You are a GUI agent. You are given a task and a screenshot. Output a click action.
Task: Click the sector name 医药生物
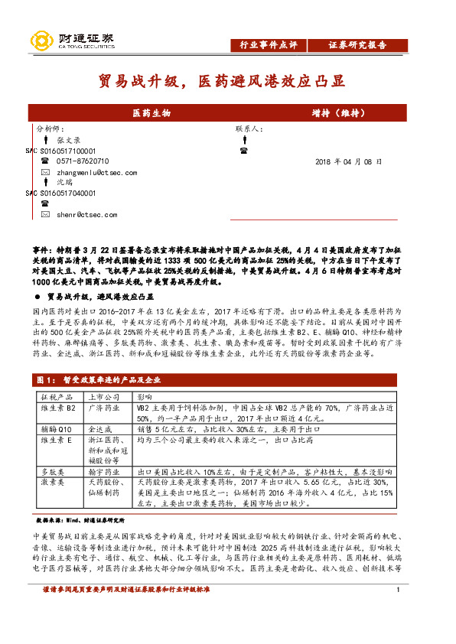151,112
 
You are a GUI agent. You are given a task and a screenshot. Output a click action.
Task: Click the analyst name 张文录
69,140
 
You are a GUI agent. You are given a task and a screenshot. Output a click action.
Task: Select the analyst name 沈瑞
64,183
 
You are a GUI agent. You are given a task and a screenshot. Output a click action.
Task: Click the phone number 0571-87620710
83,161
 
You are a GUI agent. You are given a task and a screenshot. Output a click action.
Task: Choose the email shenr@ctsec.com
86,215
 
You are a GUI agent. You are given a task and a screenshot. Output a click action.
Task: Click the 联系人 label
249,129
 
